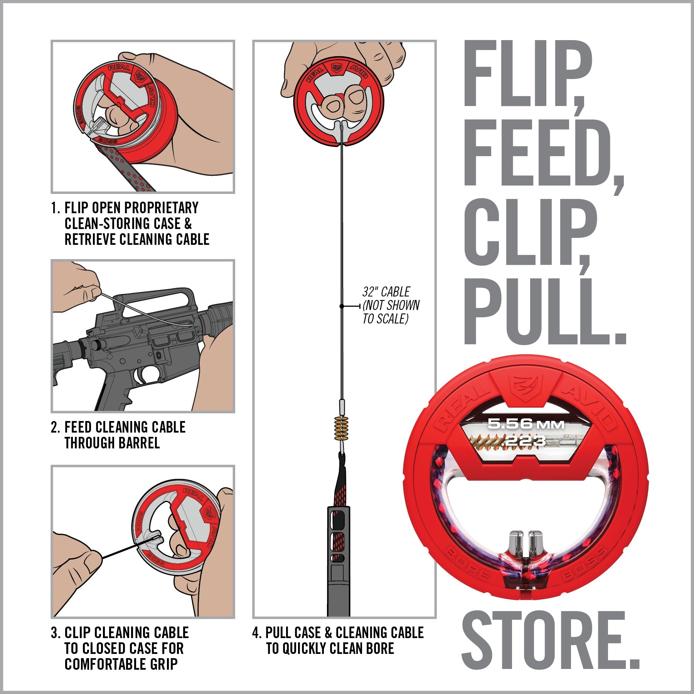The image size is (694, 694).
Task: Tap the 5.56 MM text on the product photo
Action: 525,424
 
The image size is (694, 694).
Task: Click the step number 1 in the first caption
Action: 54,208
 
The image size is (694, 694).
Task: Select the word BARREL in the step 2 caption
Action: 139,443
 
